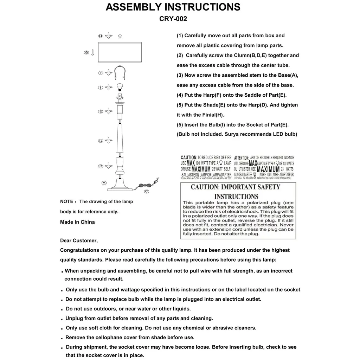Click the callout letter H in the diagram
point(100,36)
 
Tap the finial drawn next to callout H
point(120,36)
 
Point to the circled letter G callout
point(86,52)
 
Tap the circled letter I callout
point(101,87)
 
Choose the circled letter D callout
point(101,141)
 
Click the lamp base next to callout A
point(120,185)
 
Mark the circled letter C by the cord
point(147,191)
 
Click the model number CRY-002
point(173,19)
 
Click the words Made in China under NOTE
point(77,222)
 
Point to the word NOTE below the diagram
point(66,202)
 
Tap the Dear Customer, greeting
point(79,240)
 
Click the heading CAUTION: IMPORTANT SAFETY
point(236,187)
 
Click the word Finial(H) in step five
point(212,115)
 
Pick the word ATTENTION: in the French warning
point(242,158)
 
